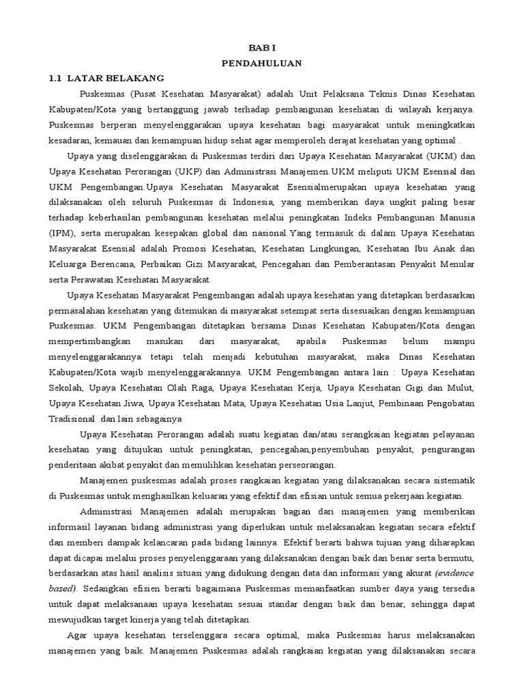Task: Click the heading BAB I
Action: click(x=261, y=48)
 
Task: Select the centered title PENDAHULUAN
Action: click(x=261, y=63)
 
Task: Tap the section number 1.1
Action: click(x=56, y=78)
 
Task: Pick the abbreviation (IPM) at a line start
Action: click(x=61, y=233)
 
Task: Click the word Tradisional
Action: click(x=72, y=419)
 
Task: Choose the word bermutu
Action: click(x=456, y=558)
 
